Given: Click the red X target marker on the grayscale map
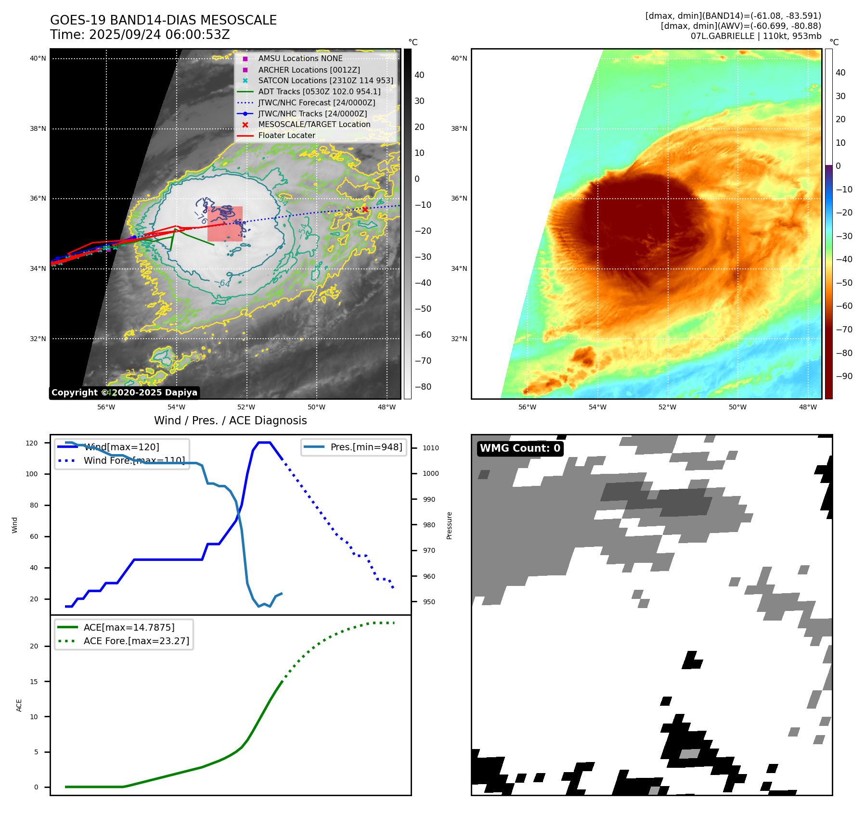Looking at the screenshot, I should (x=365, y=209).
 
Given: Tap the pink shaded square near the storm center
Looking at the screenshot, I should (x=225, y=224).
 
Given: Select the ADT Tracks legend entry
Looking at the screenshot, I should (x=319, y=91).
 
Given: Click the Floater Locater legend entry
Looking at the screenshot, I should (x=286, y=135).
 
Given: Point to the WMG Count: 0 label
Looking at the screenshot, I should (x=520, y=448).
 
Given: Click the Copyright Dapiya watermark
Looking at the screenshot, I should (x=124, y=393).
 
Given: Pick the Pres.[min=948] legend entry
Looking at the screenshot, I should (x=366, y=447).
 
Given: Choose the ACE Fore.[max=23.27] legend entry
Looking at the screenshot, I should (x=136, y=641).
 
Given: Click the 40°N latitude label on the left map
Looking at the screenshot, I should (x=38, y=59).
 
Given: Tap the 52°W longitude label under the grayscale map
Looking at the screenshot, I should (x=246, y=407).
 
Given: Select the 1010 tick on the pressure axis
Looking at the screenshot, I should (x=431, y=448).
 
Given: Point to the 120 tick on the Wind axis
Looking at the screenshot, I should (x=32, y=443).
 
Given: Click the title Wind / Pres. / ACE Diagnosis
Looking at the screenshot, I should (x=230, y=420).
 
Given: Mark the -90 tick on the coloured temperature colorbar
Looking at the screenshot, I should (x=844, y=376).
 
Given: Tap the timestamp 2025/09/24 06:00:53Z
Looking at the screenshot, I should (x=159, y=35).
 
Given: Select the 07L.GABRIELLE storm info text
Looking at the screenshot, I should (x=756, y=36).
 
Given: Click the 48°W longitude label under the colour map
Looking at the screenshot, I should (x=808, y=407).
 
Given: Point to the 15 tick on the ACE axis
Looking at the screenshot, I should (x=34, y=681).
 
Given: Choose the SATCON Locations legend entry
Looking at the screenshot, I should (x=325, y=80).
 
